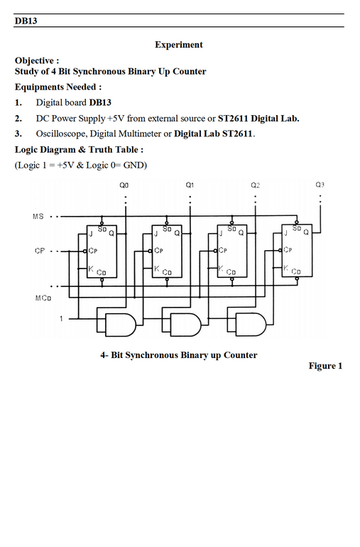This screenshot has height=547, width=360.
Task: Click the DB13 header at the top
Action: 26,21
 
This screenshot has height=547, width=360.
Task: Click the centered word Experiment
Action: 179,45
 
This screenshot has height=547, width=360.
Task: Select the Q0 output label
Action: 124,185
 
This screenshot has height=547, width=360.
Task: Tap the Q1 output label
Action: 190,185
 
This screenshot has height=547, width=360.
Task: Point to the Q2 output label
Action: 255,185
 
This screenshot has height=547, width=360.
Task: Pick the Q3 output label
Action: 320,185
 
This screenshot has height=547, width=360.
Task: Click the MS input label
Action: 38,216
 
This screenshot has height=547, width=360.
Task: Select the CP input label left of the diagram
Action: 40,251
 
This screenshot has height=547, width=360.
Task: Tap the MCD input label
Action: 43,298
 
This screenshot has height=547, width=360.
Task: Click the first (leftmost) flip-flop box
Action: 102,251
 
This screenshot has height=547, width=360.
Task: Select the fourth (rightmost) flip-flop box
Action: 297,251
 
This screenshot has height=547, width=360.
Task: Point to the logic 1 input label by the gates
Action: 61,318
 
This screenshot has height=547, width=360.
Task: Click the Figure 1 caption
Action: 325,366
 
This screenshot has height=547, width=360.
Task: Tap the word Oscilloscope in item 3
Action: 60,134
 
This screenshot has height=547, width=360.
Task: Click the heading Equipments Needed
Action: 58,87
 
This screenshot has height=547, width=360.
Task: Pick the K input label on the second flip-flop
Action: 157,269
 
